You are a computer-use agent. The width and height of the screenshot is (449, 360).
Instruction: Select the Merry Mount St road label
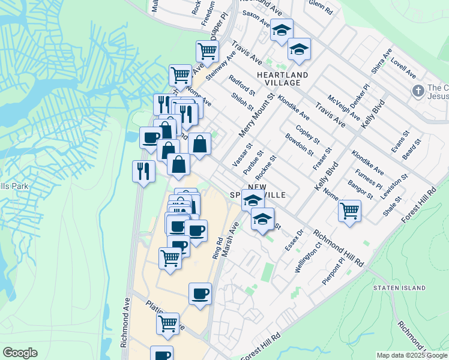coord(256,115)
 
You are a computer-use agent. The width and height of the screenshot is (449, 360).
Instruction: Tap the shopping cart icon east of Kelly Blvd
coord(349,210)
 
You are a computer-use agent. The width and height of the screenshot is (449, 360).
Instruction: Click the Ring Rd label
coord(217,248)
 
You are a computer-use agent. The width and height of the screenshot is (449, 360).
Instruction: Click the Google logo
coord(20,353)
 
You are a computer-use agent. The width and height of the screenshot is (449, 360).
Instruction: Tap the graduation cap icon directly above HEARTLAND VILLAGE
coord(298,51)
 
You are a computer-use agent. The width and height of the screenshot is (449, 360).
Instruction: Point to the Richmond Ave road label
coord(125,322)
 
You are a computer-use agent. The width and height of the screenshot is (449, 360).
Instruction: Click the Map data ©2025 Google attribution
coord(412,355)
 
